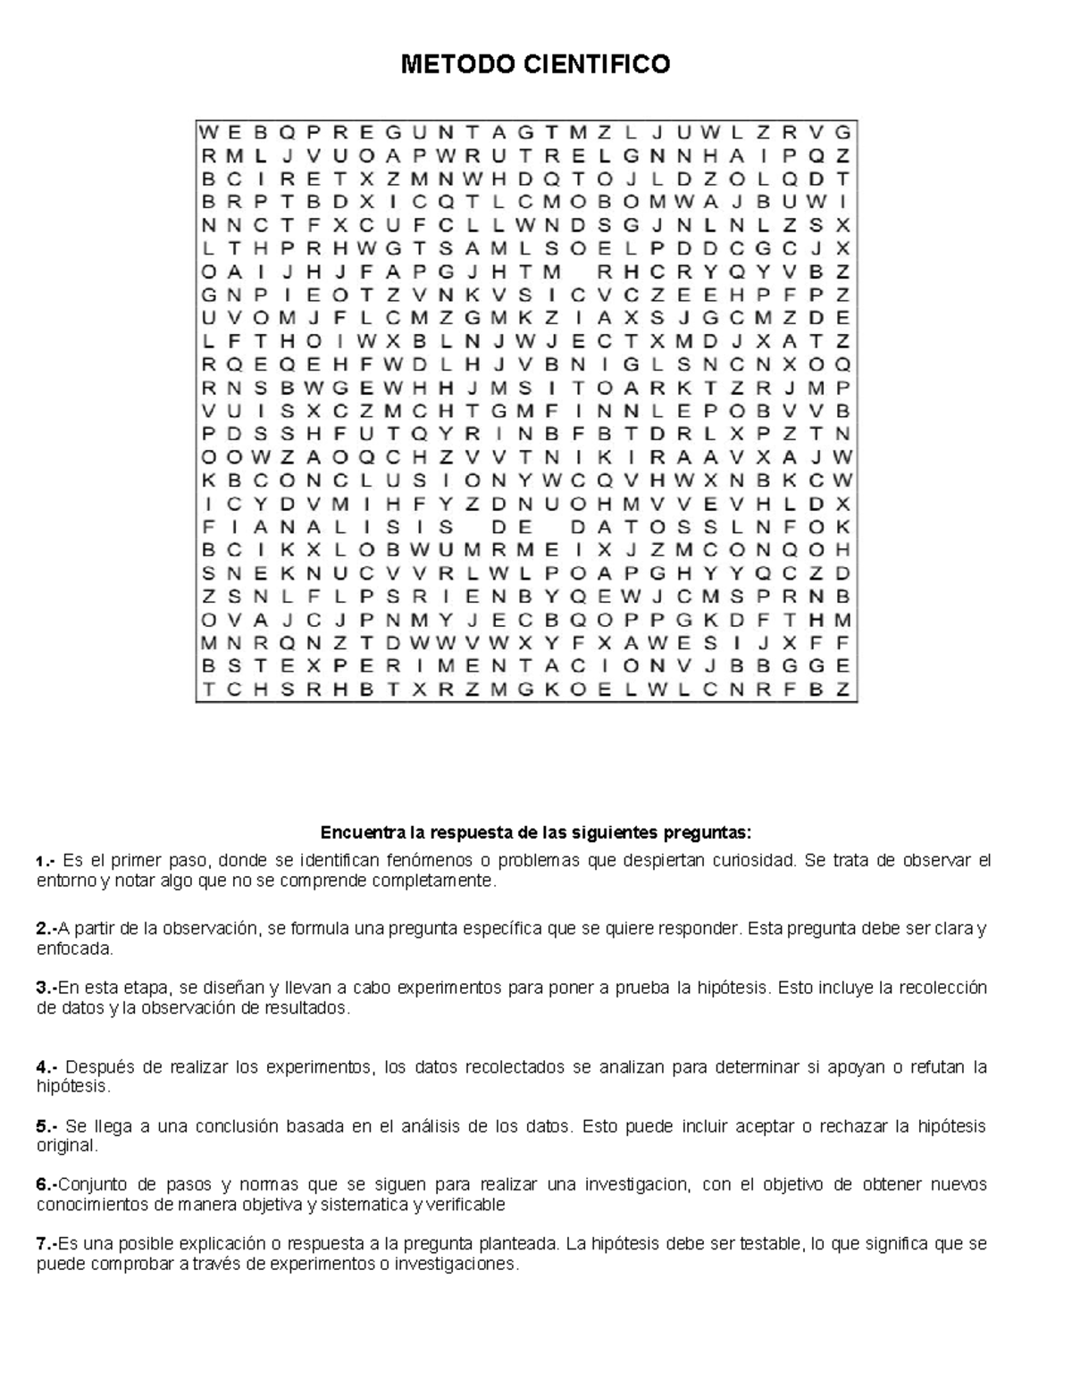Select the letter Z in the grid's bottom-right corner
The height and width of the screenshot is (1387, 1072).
click(842, 689)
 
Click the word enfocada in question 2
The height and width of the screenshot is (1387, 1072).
click(75, 948)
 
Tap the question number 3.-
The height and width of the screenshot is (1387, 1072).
click(46, 988)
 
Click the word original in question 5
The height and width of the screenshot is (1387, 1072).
click(65, 1146)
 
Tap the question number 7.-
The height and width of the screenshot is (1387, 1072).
click(46, 1244)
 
